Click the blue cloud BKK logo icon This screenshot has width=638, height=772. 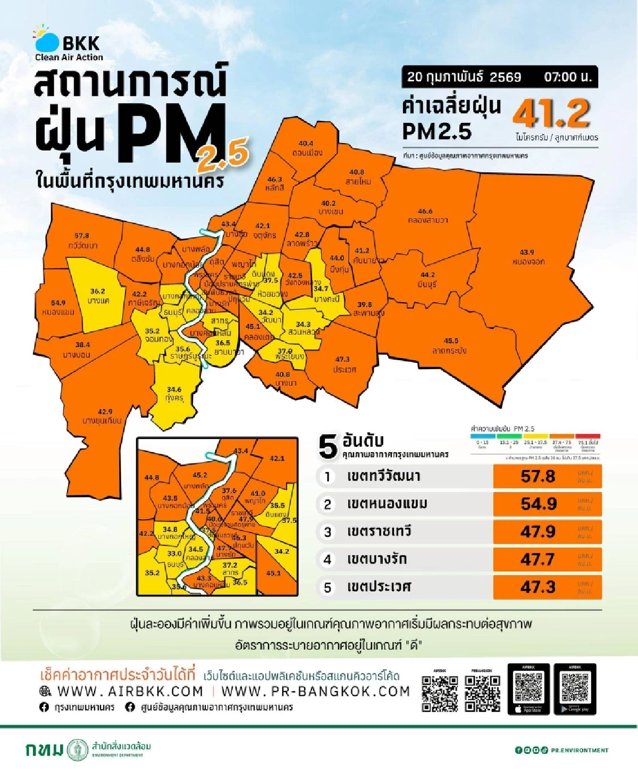pos(47,41)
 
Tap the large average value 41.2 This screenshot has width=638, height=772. pos(551,113)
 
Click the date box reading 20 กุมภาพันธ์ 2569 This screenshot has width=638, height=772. pos(464,77)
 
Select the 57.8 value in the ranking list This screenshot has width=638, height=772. pos(538,476)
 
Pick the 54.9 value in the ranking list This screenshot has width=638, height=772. pos(538,504)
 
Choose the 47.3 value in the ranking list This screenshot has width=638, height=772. pos(538,587)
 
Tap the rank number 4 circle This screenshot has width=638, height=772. pos(328,559)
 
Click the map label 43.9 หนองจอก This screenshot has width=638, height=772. pos(527,257)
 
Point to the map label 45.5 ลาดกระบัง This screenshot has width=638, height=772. pos(450,346)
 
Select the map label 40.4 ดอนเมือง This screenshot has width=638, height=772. pos(306,148)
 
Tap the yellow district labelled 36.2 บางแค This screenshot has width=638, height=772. pos(98,296)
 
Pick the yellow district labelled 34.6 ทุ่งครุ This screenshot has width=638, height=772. pos(174,394)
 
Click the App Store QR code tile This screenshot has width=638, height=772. pos(528,688)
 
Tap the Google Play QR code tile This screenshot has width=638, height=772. pos(575,688)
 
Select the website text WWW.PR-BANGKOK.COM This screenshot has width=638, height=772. pos(315,691)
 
